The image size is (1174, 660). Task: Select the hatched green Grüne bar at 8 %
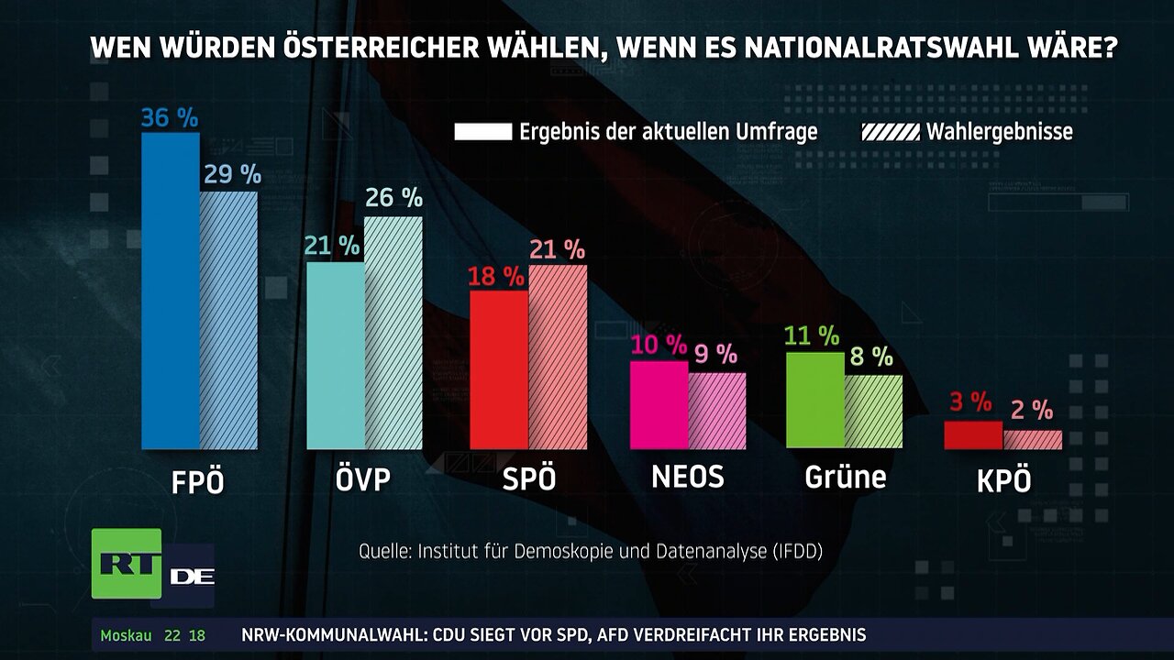(x=874, y=412)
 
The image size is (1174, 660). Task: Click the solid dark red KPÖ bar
(x=973, y=435)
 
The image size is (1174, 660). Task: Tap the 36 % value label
(x=170, y=117)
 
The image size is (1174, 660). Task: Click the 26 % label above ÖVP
(x=393, y=197)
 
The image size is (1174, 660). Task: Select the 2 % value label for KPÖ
(x=1032, y=411)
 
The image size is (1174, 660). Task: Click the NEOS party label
(x=687, y=477)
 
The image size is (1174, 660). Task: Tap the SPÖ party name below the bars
(x=529, y=479)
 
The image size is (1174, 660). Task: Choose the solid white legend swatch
(x=482, y=132)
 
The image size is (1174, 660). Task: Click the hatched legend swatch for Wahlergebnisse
(x=890, y=132)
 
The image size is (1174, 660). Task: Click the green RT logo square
(x=126, y=564)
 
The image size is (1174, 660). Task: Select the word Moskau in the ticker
(x=126, y=635)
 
